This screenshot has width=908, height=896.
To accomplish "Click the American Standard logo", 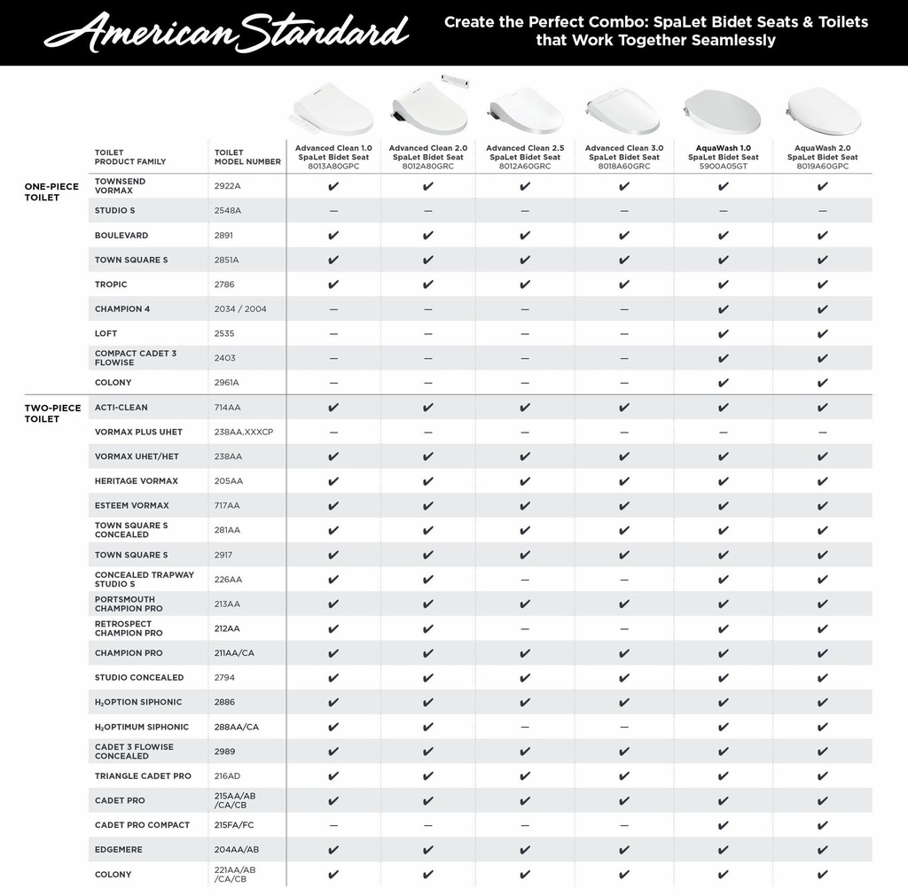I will (226, 33).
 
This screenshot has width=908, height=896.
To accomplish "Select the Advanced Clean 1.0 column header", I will (333, 157).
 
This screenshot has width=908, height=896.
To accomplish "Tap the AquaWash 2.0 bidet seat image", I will (823, 112).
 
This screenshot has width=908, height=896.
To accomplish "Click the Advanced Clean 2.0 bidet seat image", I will (429, 107).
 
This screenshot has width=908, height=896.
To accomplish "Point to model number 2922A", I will (228, 186).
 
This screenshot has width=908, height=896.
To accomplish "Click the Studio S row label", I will (115, 211).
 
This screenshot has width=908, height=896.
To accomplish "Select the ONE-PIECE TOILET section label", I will (51, 191).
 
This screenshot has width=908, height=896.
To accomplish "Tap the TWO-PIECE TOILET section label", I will (52, 413).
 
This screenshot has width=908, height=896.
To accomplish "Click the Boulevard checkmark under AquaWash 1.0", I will (724, 236).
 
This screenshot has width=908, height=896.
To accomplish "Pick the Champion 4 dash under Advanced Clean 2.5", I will (525, 309).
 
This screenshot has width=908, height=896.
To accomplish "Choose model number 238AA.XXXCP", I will (244, 432).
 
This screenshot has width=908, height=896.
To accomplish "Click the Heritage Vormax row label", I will (137, 481).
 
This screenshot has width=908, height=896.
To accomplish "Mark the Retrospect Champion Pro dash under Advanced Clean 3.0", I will (624, 628).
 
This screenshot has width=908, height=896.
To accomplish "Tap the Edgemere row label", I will (119, 850).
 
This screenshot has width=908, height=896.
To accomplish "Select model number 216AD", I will (227, 776).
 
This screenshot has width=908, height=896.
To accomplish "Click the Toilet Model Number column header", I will (247, 157).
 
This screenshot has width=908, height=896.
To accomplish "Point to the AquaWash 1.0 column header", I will (724, 157).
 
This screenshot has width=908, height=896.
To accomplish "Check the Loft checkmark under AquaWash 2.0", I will (823, 334).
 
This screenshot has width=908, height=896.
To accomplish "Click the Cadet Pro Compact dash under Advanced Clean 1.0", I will (333, 825).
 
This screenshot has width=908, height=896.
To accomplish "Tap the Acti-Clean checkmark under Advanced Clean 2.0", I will (428, 408).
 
